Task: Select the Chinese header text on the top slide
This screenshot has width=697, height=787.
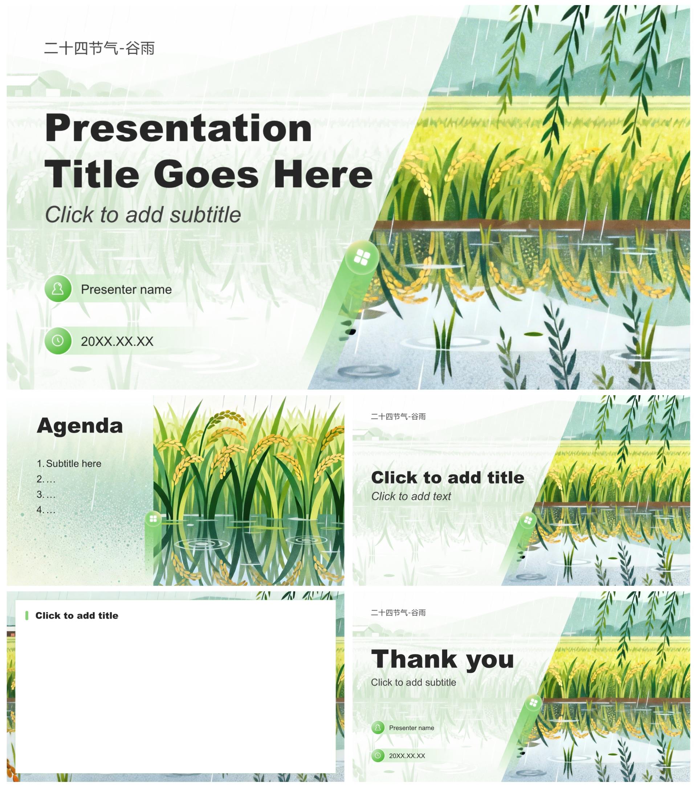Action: point(99,49)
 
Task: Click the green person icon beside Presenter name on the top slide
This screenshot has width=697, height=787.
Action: point(58,288)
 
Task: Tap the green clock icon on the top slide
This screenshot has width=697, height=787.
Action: point(58,340)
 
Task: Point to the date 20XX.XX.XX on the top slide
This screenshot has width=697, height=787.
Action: point(117,341)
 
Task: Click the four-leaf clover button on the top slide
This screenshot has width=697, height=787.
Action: point(362,257)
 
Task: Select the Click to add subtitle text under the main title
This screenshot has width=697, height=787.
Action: point(143,215)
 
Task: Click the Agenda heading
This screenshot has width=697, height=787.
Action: point(80,426)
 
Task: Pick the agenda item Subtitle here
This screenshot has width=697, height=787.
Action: point(69,463)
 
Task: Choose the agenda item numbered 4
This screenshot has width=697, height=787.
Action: point(46,510)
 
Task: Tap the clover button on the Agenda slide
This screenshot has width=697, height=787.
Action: point(153,519)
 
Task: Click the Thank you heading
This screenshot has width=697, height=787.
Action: point(442,659)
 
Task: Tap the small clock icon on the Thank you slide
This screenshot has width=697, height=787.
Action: point(378,755)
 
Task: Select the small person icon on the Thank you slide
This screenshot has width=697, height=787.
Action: point(378,727)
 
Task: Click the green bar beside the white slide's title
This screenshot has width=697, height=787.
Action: point(27,615)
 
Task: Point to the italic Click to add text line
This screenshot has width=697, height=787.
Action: point(411,496)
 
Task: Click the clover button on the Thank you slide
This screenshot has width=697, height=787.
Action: point(533,703)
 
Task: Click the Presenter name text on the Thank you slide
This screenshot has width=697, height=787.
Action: point(411,728)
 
